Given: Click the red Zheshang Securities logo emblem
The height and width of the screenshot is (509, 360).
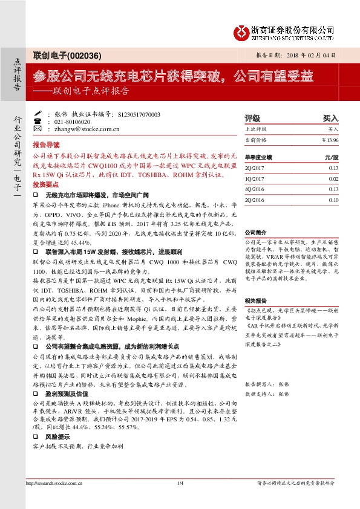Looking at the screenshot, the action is (243, 31).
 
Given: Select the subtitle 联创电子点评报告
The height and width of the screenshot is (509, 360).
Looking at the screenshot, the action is (91, 92).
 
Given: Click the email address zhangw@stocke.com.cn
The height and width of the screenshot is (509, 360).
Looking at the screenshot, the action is (77, 129).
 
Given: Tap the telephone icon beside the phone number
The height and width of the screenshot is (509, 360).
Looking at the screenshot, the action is (37, 122).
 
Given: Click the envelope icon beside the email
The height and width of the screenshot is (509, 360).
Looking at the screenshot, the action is (37, 129).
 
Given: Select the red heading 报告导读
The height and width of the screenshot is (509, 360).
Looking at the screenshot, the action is (46, 146).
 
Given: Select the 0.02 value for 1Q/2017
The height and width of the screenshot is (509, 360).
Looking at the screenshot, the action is (333, 178).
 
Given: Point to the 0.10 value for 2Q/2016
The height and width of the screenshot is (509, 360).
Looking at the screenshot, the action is (333, 199).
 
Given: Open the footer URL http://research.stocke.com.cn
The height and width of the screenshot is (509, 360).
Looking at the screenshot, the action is (54, 483).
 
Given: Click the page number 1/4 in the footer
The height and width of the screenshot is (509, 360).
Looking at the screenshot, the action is (180, 483).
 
